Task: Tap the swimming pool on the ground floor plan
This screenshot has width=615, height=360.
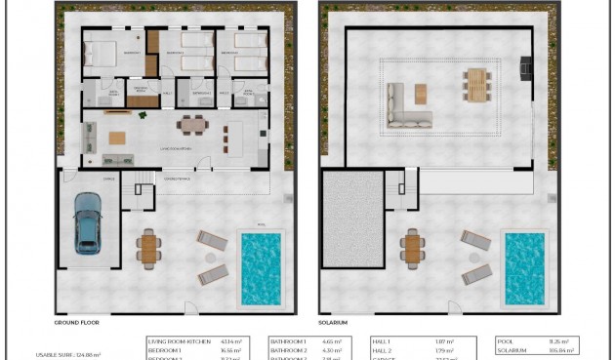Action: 261,266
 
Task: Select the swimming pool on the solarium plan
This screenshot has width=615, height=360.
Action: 524,266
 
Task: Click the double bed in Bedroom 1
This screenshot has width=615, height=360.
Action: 103,53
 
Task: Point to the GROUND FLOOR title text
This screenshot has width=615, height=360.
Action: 78,321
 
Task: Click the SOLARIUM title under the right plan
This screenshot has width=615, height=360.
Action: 333,321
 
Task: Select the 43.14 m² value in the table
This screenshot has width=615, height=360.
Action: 245,340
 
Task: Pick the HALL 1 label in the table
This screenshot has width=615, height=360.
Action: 383,340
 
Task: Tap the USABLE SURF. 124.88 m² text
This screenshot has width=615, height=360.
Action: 67,354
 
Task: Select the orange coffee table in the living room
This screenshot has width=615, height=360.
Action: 119,136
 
